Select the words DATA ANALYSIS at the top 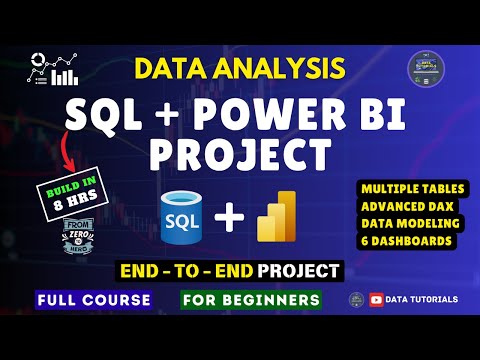pos(240,69)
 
